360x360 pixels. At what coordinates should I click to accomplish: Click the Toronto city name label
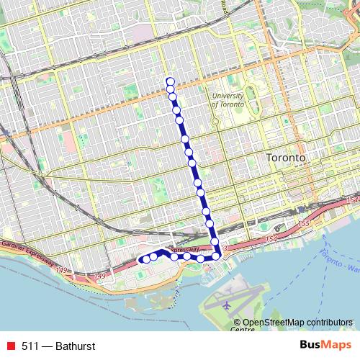[x=286, y=157]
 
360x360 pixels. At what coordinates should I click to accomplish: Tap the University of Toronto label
[x=234, y=99]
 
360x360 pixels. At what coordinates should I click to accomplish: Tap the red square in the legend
[x=10, y=346]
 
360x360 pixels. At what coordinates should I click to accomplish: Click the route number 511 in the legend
[x=30, y=346]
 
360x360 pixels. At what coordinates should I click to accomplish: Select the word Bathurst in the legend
[x=74, y=346]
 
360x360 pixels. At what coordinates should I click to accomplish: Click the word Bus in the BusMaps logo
[x=309, y=345]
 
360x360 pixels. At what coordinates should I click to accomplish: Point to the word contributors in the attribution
[x=329, y=323]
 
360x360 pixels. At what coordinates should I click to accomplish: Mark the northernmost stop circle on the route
[x=170, y=81]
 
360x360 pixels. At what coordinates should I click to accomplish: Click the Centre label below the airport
[x=243, y=329]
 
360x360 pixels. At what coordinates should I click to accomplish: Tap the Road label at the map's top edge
[x=225, y=6]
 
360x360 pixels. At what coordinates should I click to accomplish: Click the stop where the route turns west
[x=215, y=255]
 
